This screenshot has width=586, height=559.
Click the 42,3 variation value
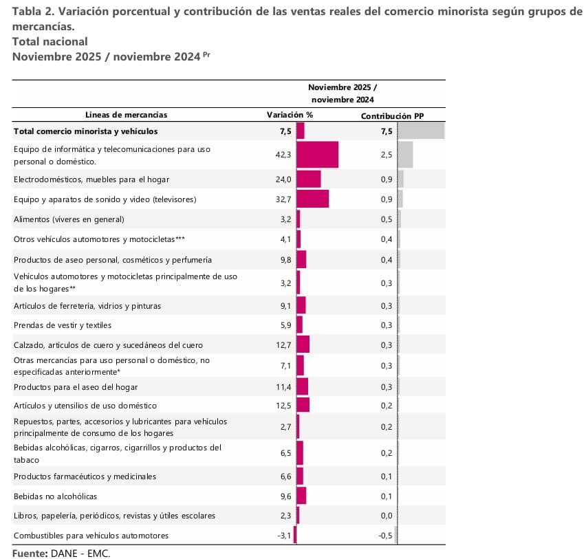coord(283,155)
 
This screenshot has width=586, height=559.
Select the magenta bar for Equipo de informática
coord(317,155)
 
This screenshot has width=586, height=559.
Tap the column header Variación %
coord(290,115)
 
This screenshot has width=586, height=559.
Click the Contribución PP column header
coord(392,116)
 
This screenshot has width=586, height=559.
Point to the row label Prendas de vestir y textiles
coord(62,325)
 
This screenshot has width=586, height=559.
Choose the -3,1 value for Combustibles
coord(283,536)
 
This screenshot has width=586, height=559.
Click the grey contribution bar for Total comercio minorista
coord(420,131)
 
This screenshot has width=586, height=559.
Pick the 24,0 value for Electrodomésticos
coord(283,179)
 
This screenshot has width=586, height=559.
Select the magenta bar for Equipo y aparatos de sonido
coord(312,199)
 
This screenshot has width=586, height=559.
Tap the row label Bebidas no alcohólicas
coord(55,496)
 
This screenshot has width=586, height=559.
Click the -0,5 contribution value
coord(386,536)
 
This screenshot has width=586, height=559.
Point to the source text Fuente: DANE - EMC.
coord(61,553)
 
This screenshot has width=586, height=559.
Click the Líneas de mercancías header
coord(126,115)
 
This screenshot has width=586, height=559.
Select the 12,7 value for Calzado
coord(283,344)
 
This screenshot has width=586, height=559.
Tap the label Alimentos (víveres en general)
coord(69,219)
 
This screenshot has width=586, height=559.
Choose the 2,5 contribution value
coord(387,155)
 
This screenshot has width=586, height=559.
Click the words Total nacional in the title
coord(50,41)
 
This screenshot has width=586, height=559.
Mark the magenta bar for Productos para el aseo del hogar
coord(302,387)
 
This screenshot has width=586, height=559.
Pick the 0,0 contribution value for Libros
coord(387,516)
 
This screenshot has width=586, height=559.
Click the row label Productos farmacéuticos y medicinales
coord(85,476)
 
